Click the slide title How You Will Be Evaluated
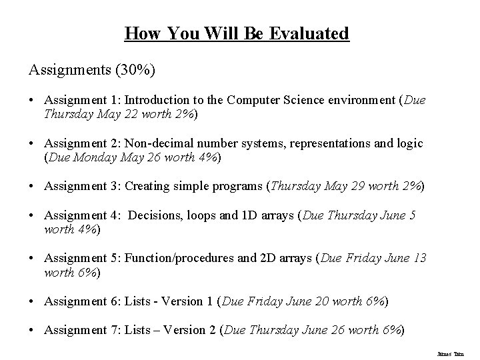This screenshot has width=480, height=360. click(x=237, y=33)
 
